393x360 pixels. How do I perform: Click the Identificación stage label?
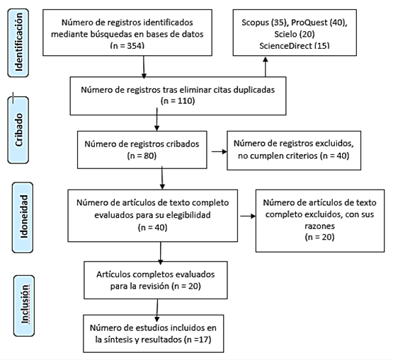click(18, 43)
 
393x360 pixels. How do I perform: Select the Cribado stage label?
click(18, 130)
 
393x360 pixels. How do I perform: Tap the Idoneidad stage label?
click(23, 217)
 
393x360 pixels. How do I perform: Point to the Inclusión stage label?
click(24, 306)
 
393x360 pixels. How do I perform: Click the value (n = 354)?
click(127, 45)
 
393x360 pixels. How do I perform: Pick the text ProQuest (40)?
click(319, 23)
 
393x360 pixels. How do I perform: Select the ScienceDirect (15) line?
click(295, 45)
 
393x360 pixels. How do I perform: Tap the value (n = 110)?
click(178, 101)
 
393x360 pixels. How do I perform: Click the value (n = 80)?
click(142, 156)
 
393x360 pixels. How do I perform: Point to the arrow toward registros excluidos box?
click(220, 151)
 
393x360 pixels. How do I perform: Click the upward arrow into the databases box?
click(266, 66)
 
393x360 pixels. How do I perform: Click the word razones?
click(319, 226)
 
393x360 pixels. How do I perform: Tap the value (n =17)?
click(198, 339)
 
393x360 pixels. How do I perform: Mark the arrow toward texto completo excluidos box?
click(248, 216)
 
